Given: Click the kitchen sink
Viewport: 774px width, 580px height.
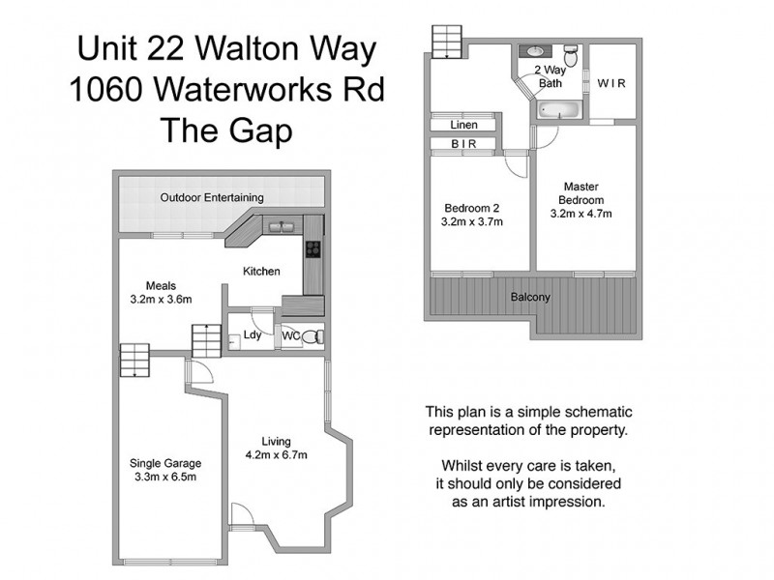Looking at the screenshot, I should pos(282,226).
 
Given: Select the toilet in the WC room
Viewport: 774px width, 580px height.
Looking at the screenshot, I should pos(311,336).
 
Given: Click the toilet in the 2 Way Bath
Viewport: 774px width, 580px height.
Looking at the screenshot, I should pos(571,57).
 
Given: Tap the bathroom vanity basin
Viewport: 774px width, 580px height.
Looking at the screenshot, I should pos(534,49).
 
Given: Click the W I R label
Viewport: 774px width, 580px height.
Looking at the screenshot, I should pos(611,83).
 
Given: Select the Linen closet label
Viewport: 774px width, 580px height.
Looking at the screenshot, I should pos(464,126).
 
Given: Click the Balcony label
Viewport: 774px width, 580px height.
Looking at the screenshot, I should pos(530,297).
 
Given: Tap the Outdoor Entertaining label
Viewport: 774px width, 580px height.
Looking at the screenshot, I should pos(212,198).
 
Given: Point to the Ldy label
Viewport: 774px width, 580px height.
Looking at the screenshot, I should pos(252,336).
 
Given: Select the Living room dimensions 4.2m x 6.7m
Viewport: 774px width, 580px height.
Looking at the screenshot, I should pos(276,455).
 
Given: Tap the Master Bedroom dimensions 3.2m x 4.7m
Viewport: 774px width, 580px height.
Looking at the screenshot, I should pos(582,214).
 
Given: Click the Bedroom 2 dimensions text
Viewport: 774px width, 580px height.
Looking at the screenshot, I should pos(472,221).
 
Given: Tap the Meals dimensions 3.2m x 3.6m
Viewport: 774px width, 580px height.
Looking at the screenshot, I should pos(161,300).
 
